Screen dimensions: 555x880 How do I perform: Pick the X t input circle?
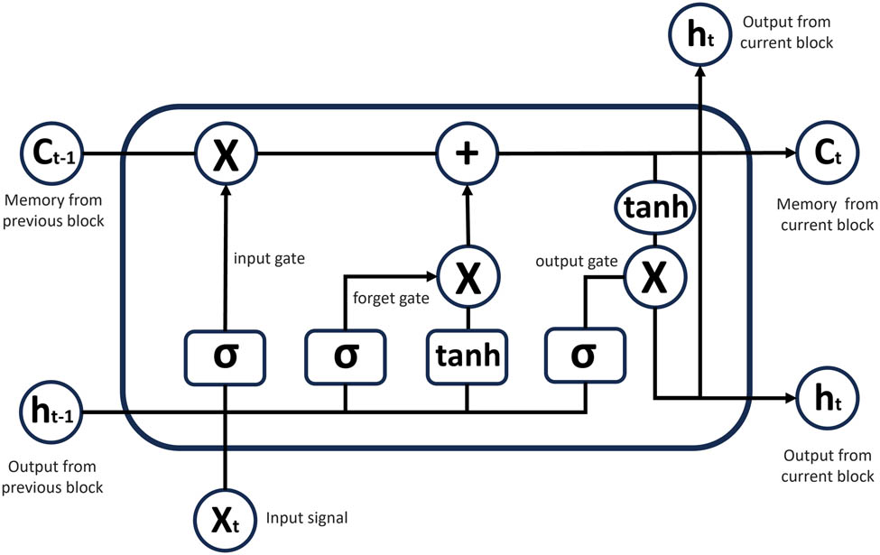tap(226, 521)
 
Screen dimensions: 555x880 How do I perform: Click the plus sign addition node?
tap(468, 154)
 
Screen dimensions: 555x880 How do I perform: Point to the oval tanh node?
tap(655, 208)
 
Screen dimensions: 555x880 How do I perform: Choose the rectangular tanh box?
tap(467, 355)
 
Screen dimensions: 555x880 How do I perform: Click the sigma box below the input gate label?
tap(226, 355)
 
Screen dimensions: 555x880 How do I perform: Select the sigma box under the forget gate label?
tap(346, 355)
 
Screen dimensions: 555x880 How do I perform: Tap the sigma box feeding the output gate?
tap(585, 355)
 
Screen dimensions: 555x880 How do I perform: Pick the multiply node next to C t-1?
tap(226, 154)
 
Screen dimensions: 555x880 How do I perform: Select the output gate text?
tap(576, 262)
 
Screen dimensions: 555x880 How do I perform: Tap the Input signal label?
tap(307, 518)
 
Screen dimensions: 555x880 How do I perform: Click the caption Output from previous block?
tap(54, 478)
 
